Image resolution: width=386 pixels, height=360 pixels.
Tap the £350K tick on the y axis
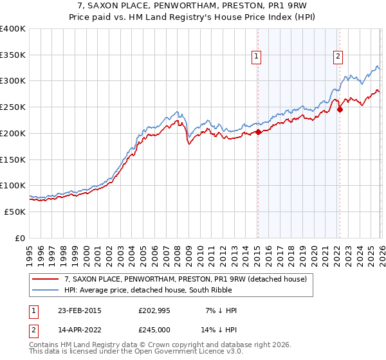click(13, 55)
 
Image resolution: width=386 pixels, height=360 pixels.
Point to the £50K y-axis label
click(15, 212)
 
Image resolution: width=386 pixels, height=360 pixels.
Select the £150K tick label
click(13, 159)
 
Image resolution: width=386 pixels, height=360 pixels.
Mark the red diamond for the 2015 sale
click(258, 132)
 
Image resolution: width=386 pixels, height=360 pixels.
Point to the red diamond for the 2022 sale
click(340, 110)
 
